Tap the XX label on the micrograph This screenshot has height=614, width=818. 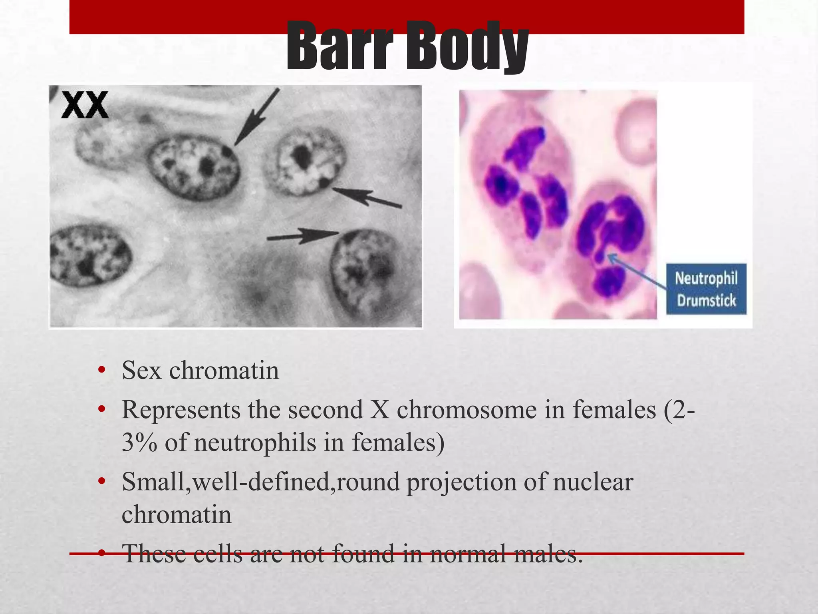(x=85, y=105)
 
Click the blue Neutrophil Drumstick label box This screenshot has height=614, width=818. (x=706, y=289)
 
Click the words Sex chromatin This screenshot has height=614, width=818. (x=200, y=370)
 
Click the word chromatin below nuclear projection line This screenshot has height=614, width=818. (x=177, y=514)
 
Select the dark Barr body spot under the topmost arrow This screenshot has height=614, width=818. (x=227, y=151)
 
